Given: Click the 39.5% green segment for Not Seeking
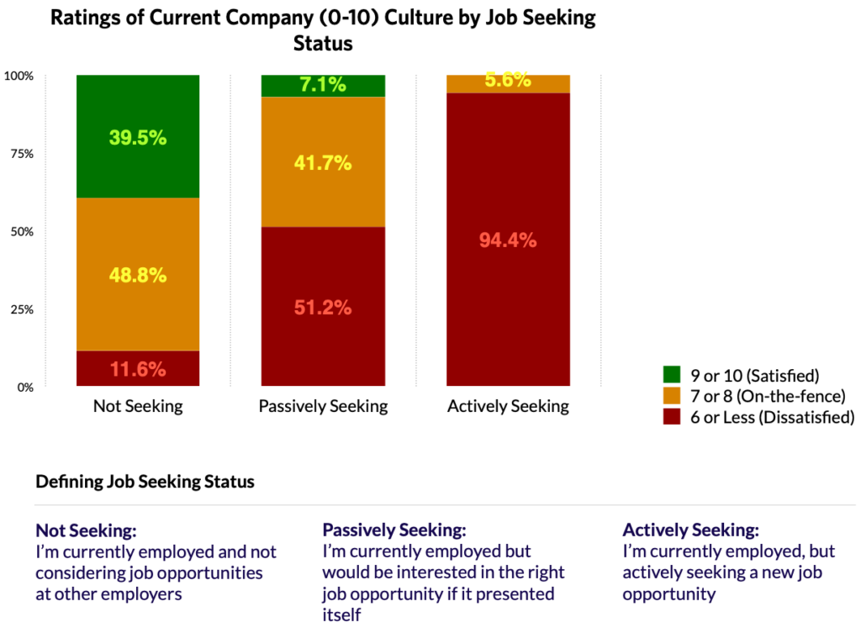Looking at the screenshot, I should [138, 137].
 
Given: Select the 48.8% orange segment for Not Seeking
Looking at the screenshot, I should [138, 274].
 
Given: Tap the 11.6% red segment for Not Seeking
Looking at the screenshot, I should [138, 368].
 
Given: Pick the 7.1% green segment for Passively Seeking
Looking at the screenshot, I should [323, 86].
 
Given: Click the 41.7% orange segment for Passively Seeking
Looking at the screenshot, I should [323, 162].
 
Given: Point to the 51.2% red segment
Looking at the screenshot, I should [323, 307].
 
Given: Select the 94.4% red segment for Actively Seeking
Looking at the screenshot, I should [508, 240].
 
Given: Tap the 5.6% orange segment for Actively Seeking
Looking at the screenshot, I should [508, 82].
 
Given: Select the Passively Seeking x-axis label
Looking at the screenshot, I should [323, 407].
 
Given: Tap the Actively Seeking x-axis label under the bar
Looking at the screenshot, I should [508, 407].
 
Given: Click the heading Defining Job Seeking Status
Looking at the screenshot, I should [145, 483].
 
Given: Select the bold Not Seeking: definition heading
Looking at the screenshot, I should [86, 531].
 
